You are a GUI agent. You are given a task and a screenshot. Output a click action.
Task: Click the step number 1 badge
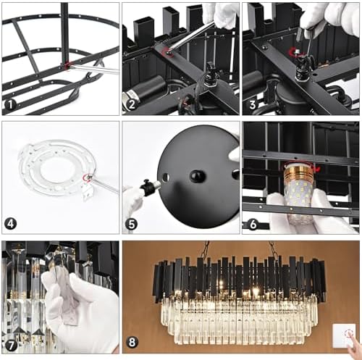pos(10,105)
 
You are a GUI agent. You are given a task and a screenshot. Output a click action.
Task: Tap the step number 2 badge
pos(131,105)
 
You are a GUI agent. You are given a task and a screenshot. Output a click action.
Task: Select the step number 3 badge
pos(253,105)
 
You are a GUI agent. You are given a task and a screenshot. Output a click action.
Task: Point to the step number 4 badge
pos(10,224)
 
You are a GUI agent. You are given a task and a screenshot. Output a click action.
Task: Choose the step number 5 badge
pos(131,225)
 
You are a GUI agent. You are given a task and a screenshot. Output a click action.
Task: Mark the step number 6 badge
pos(253,225)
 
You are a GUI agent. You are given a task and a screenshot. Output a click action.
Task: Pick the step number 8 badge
pos(132,342)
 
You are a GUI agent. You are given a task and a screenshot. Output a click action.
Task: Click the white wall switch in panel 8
pos(344,336)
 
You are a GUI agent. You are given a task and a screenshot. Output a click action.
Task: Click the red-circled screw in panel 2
pos(167,51)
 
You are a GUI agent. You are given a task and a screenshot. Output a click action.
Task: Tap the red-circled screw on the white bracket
pos(87,177)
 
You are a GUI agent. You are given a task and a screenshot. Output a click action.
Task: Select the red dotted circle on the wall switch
pos(349,334)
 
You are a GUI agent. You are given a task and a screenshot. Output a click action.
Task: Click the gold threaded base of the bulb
pos(300,172)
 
